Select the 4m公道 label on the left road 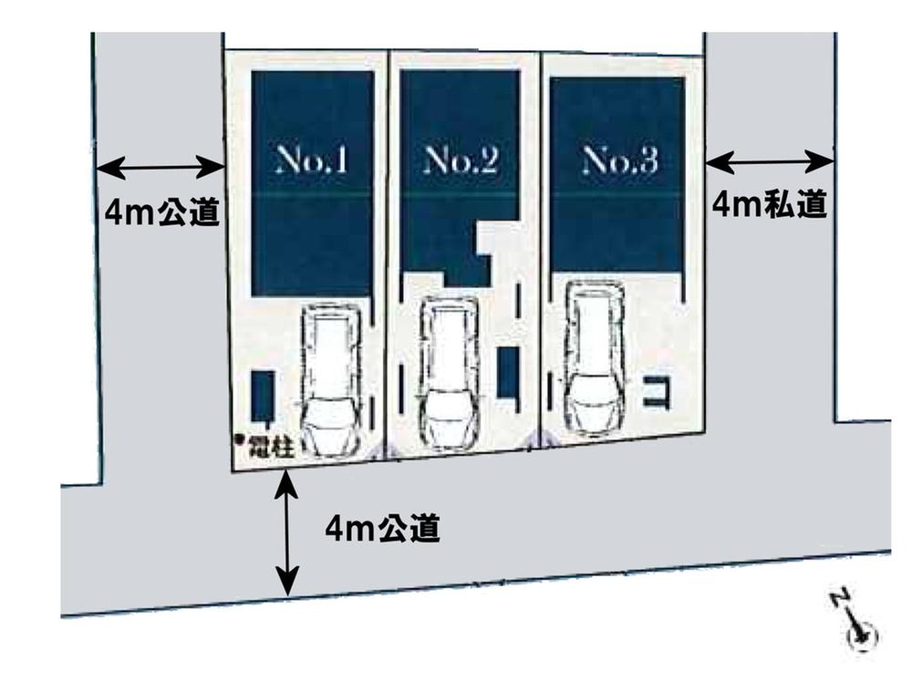(162, 212)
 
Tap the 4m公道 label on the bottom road (383, 528)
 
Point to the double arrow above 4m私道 (770, 162)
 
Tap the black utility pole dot (240, 440)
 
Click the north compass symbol (856, 628)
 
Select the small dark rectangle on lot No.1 (263, 395)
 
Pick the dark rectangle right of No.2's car (508, 372)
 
